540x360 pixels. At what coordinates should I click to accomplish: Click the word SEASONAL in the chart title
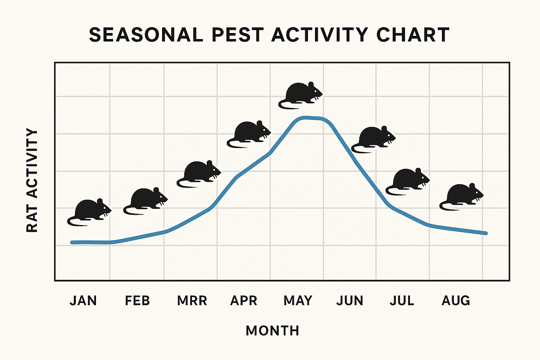[146, 35]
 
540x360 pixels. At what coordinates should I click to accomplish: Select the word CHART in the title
[413, 35]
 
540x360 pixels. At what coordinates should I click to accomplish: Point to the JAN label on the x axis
[83, 301]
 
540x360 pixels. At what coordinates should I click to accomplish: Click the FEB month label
[137, 301]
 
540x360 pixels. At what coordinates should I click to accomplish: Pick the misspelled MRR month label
[192, 301]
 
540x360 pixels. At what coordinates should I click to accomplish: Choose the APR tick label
[244, 301]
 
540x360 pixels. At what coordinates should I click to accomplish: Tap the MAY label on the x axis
[298, 301]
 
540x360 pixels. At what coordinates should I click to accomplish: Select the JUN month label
[350, 301]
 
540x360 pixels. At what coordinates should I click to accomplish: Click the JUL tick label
[402, 301]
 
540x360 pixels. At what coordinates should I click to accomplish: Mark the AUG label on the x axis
[456, 301]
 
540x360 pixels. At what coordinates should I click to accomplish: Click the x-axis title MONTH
[272, 331]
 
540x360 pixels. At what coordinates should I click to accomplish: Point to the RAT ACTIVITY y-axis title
[32, 180]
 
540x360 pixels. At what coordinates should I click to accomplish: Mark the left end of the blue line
[72, 242]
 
